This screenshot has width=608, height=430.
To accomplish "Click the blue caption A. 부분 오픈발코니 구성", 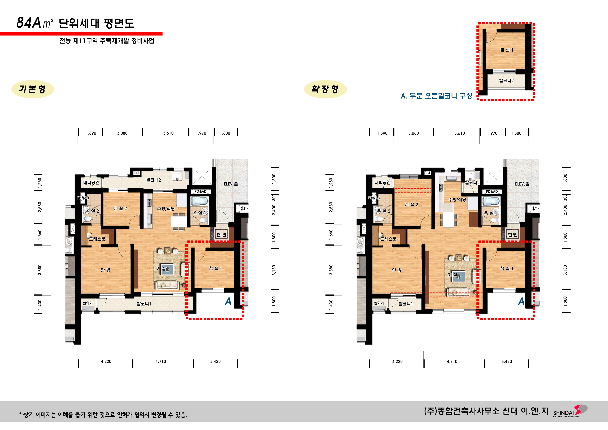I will (436, 96).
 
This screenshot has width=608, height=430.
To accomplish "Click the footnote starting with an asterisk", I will (103, 415).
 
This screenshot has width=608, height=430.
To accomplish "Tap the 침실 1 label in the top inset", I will (506, 50).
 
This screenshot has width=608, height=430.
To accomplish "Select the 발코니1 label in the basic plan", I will (144, 304).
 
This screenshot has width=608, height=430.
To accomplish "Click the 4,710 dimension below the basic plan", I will (161, 361).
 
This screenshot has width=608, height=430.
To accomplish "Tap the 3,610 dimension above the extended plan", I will (459, 133).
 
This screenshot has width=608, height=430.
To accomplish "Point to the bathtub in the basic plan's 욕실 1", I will (200, 201).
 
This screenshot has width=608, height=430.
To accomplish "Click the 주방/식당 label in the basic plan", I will (166, 209).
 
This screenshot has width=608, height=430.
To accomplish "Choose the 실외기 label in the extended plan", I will (379, 303).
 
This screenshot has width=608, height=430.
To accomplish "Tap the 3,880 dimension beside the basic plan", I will (40, 270).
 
